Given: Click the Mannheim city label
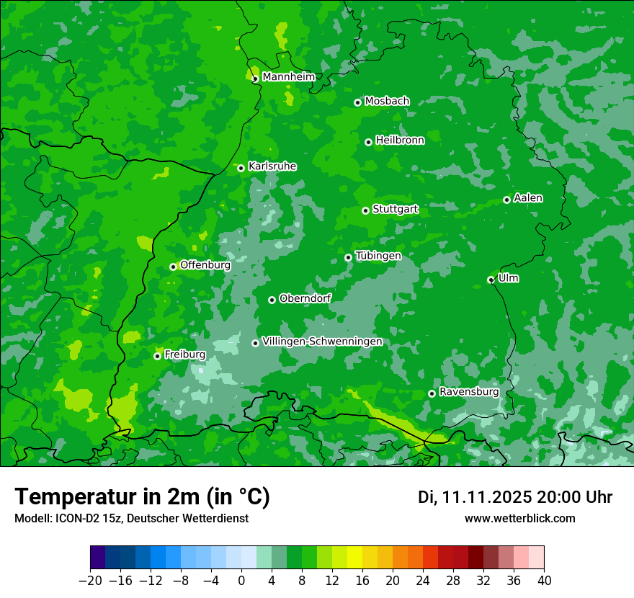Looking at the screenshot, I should (x=288, y=77).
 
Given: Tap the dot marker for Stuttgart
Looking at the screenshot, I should (x=365, y=210).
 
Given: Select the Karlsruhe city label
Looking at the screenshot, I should (x=272, y=166).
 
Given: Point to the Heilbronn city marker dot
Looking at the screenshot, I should (x=368, y=142).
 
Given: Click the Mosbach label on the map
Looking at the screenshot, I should (x=387, y=102).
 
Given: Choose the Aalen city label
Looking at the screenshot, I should (x=528, y=198).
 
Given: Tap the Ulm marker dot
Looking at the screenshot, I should (x=491, y=280).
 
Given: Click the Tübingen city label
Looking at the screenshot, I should (x=378, y=256).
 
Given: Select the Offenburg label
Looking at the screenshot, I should (x=205, y=265).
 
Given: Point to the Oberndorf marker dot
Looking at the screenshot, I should (x=272, y=300).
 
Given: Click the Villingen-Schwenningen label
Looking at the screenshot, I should (x=322, y=342).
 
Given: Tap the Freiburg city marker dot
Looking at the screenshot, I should (x=157, y=356).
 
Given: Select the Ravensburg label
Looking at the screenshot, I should (x=469, y=392).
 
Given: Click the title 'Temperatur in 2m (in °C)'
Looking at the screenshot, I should (x=142, y=497).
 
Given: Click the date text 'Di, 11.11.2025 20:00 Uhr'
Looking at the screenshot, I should (x=515, y=497).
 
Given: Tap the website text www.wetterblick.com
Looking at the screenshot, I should (x=520, y=519).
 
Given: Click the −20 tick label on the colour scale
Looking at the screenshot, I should (x=90, y=581).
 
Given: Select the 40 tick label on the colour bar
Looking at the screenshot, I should (x=544, y=581).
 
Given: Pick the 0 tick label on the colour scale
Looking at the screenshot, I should (x=241, y=581).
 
